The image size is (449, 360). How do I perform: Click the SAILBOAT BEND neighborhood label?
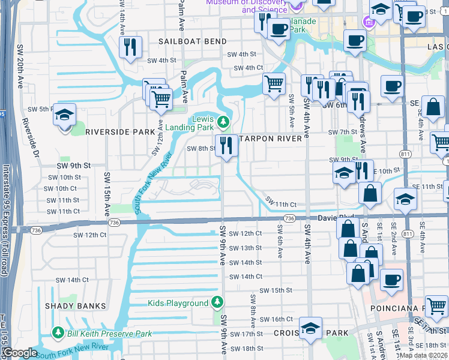pos(193,41)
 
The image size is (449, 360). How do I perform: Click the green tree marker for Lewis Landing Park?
pos(223,122)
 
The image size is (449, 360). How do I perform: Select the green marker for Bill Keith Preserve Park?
pos(58,332)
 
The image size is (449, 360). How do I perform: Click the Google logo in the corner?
pos(19,353)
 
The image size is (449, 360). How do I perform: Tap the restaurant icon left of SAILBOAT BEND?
pos(130,47)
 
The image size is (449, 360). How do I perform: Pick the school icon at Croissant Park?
pos(310,328)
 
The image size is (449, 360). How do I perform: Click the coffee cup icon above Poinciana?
pos(391,280)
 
